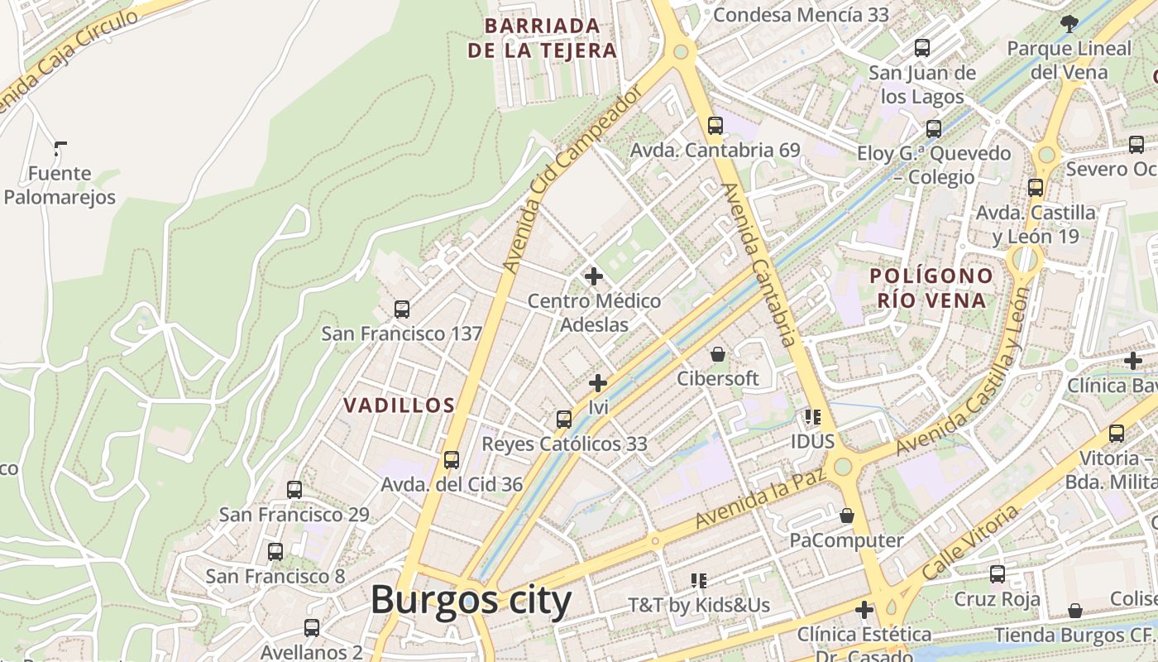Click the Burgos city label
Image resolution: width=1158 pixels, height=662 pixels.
click(x=471, y=600)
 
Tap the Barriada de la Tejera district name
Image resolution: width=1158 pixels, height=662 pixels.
click(x=543, y=38)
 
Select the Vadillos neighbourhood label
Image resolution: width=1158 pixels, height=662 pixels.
click(x=400, y=405)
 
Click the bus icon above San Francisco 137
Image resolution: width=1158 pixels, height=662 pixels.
click(x=402, y=309)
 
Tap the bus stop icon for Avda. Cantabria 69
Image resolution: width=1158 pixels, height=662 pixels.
click(x=715, y=126)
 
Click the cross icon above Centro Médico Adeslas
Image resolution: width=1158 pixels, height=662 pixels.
click(x=593, y=276)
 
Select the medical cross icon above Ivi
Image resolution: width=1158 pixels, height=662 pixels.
click(x=598, y=383)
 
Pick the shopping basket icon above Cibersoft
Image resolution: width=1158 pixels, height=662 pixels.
click(x=718, y=354)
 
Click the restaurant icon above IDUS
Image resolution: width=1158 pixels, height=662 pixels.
click(x=812, y=417)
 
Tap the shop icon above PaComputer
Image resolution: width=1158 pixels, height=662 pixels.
click(x=846, y=516)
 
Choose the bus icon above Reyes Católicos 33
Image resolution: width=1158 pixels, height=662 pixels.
click(x=564, y=420)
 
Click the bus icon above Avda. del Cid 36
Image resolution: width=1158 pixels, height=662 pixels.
click(x=452, y=460)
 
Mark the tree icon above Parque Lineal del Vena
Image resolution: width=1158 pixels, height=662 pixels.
click(x=1069, y=24)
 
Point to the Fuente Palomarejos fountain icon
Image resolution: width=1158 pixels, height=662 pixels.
click(x=60, y=149)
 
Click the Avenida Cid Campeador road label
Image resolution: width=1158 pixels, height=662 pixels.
click(x=572, y=181)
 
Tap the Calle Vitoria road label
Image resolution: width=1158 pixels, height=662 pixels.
click(x=971, y=542)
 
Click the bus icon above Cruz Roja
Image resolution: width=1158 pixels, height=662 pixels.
click(x=998, y=574)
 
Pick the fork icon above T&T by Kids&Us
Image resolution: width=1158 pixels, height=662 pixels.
click(x=699, y=581)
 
